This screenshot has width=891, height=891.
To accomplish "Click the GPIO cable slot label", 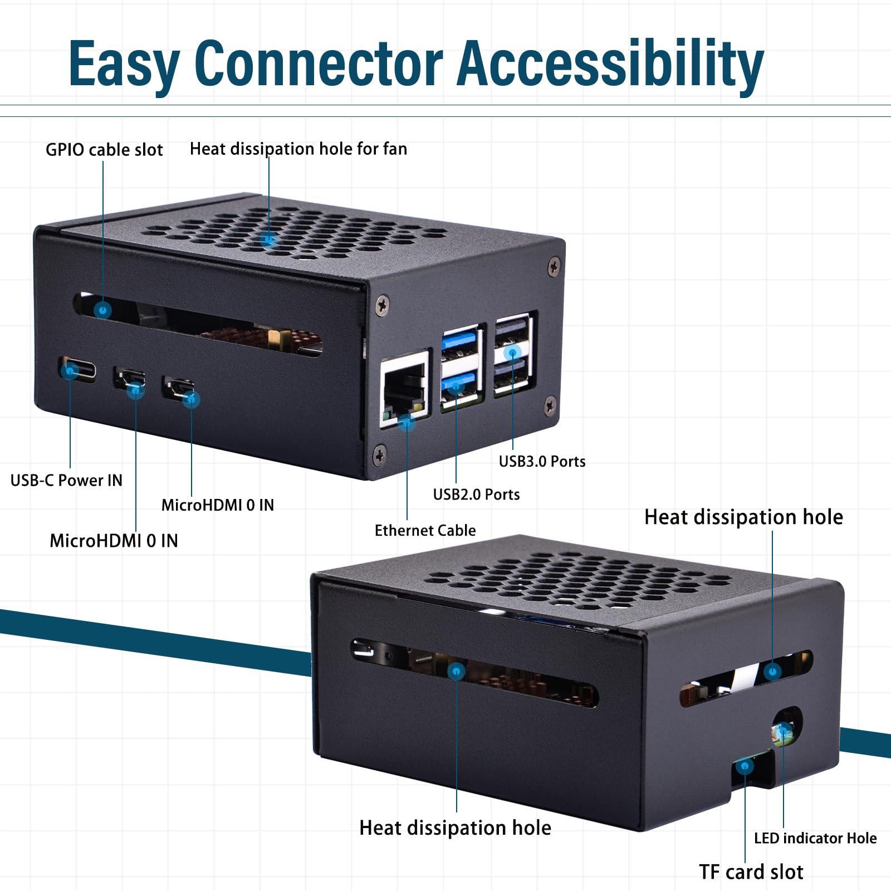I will (x=104, y=150).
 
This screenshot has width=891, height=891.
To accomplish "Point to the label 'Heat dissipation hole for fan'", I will (x=298, y=149).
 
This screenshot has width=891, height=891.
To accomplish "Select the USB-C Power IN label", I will (x=66, y=480).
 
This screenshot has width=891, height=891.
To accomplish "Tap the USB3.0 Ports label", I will (x=542, y=461).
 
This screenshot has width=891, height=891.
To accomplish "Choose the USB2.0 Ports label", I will (x=476, y=494).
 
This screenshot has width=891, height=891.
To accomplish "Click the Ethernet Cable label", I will (x=425, y=530).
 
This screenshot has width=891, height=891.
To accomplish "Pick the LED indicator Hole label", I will (x=815, y=838).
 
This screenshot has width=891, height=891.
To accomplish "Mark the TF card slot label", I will (x=751, y=872).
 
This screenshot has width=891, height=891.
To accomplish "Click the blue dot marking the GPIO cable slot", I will (x=102, y=310).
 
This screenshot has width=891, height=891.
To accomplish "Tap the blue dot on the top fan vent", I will (x=269, y=240).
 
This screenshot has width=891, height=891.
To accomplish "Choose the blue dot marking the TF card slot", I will (x=745, y=766).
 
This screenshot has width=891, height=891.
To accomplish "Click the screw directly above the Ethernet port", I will (x=382, y=305).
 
